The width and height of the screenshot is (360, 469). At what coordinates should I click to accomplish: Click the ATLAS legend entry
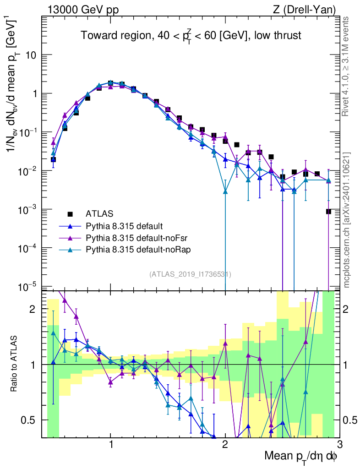click(99, 213)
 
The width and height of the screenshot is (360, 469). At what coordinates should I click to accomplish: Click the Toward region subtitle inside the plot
click(191, 36)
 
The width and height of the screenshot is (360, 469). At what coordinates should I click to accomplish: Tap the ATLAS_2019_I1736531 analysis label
click(190, 274)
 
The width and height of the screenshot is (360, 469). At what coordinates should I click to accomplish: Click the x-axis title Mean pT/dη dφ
click(300, 456)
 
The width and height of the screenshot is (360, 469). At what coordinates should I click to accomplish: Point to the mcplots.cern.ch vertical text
click(347, 219)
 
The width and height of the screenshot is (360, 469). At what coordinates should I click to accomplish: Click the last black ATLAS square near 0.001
click(328, 211)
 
